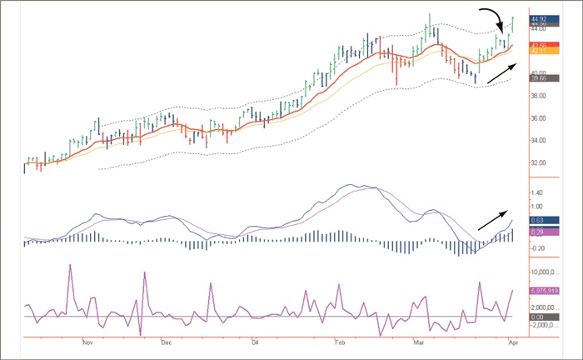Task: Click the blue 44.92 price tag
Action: click(x=541, y=17)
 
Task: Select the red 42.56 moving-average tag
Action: click(x=541, y=45)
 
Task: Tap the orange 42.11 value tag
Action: click(x=541, y=52)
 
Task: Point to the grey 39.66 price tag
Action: click(x=541, y=79)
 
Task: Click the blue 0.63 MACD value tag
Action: click(x=540, y=221)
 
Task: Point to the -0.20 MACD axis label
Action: click(x=539, y=248)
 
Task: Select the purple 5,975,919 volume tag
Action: click(x=546, y=291)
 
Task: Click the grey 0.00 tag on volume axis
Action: click(x=540, y=317)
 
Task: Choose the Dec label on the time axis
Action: click(x=166, y=342)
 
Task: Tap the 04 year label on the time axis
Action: click(x=255, y=342)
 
